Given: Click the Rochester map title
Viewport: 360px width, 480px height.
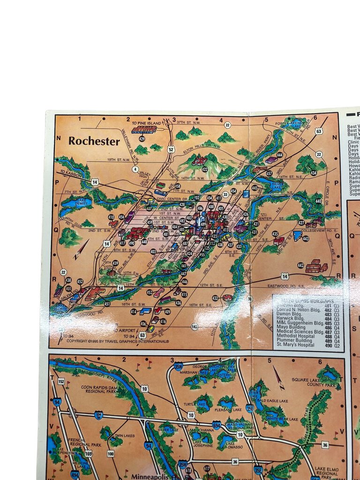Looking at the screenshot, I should point(94,141).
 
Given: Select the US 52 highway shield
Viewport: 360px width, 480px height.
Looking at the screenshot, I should point(171,150).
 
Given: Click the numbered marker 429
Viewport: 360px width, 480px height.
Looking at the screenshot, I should point(142,139).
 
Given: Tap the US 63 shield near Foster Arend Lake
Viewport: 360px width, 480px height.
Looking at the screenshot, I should point(319,131).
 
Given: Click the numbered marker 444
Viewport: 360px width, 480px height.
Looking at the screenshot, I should point(280,155).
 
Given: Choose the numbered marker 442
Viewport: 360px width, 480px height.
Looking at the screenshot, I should point(300,265).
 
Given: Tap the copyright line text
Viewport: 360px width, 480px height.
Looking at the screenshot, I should point(117,341).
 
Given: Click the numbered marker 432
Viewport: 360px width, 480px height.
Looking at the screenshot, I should point(215,298).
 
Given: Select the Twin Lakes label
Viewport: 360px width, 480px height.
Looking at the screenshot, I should point(124,435).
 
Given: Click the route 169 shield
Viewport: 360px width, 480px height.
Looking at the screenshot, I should point(88,453).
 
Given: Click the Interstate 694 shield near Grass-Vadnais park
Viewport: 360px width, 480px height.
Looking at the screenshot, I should point(216,425).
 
